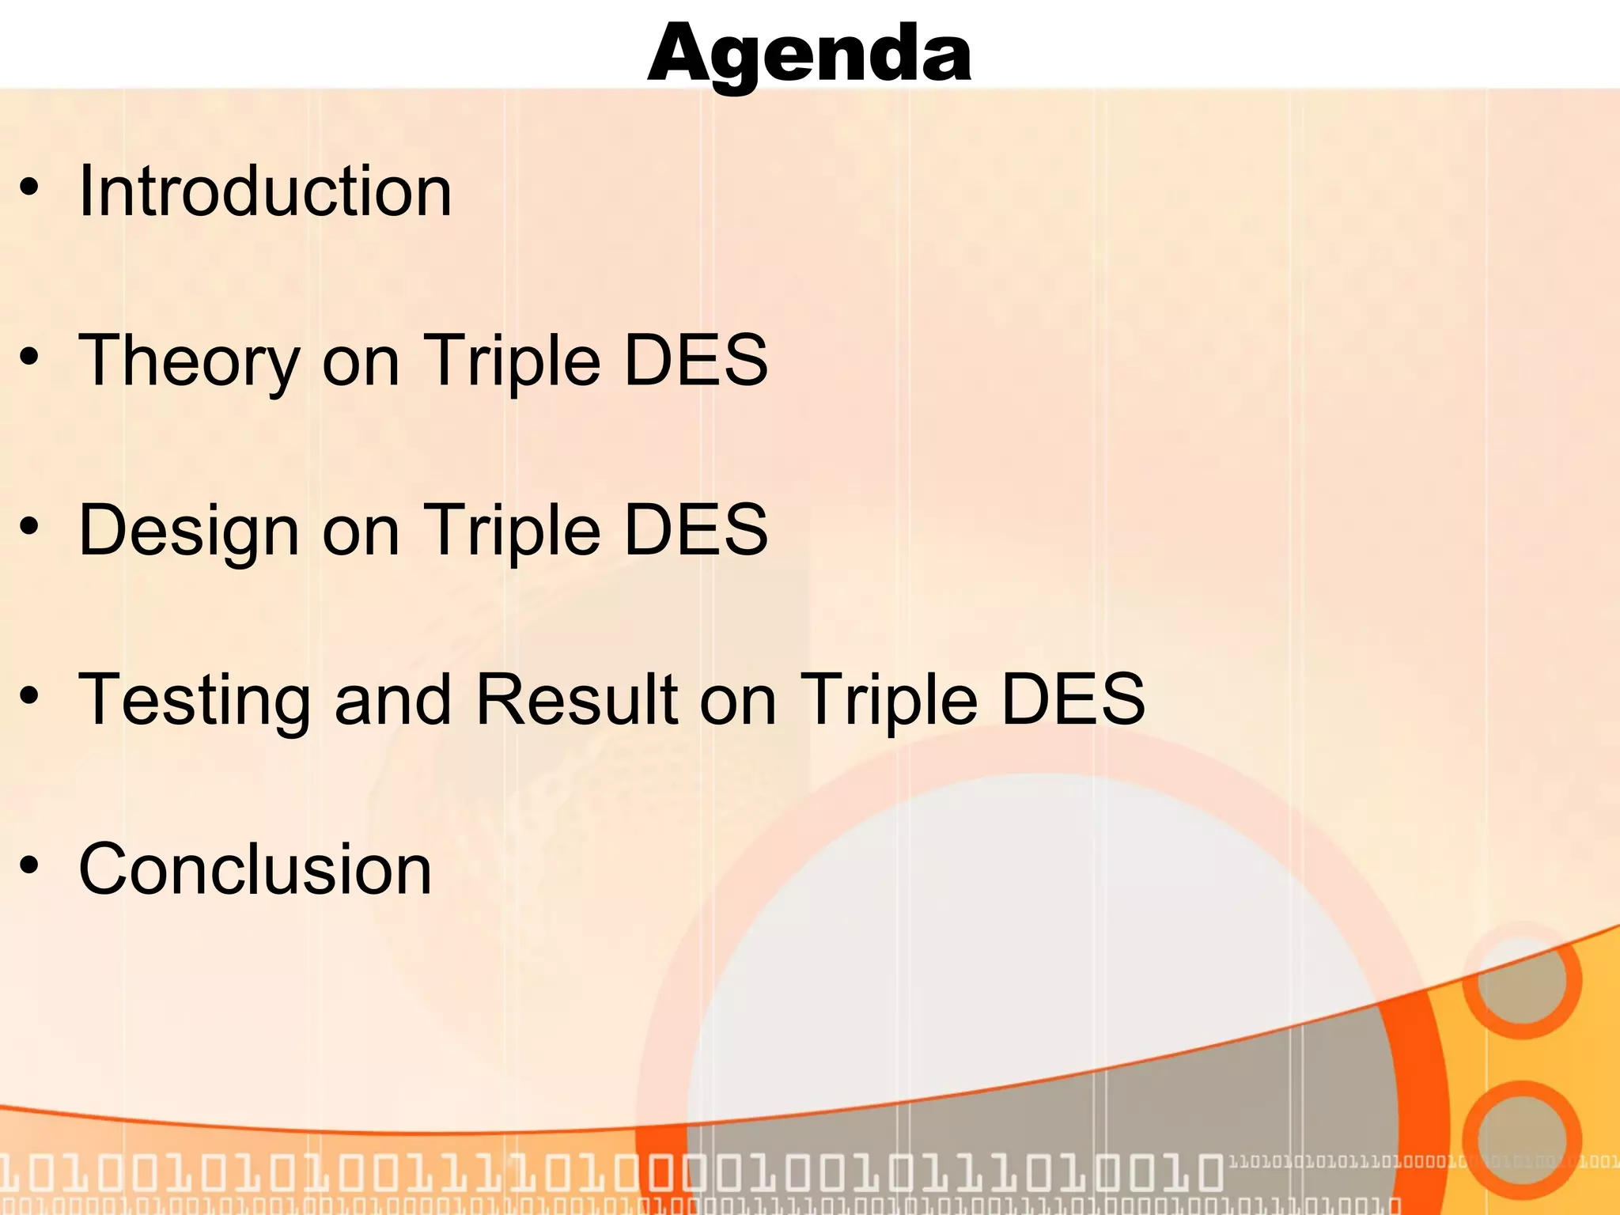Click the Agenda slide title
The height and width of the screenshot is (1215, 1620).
(x=809, y=54)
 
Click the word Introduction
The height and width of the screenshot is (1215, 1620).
(x=265, y=191)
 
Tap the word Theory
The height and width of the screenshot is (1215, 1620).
(x=190, y=362)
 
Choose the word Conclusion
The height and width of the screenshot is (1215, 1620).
(x=255, y=869)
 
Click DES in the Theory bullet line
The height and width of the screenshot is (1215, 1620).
(x=695, y=361)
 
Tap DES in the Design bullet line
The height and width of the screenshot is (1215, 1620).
(x=695, y=530)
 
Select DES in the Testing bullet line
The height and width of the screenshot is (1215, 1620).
(x=1073, y=699)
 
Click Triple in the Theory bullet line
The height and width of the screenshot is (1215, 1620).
(x=513, y=362)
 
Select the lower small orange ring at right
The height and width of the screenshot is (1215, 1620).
(x=1522, y=1140)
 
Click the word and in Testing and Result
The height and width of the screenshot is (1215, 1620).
(x=392, y=699)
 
